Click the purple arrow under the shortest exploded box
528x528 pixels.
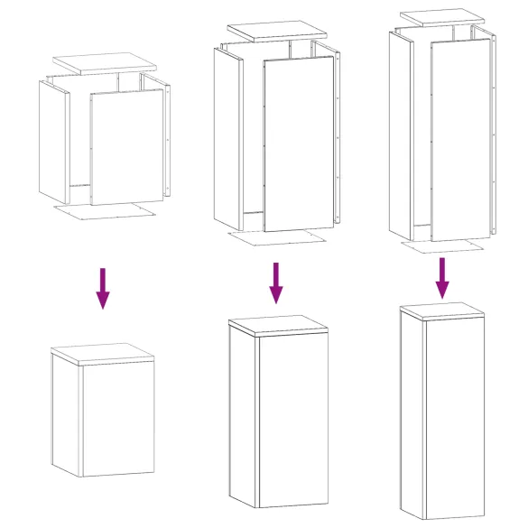tap(104, 288)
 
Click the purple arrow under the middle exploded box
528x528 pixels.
tap(276, 283)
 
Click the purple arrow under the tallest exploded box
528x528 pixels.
tap(442, 277)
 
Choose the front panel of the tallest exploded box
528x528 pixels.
tap(460, 140)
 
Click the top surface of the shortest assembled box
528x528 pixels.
tap(104, 353)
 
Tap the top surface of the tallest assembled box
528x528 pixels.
tap(442, 310)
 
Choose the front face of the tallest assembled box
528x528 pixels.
tap(456, 415)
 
